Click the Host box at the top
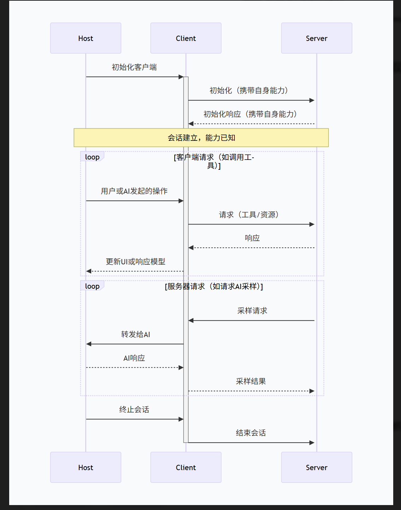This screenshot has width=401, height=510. [x=86, y=38]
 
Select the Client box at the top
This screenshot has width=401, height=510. [x=186, y=38]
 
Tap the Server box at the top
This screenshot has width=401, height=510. [x=316, y=38]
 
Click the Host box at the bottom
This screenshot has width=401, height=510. [x=86, y=467]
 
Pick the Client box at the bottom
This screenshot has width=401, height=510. [x=186, y=467]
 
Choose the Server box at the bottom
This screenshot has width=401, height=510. [x=316, y=467]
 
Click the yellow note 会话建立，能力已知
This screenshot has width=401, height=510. [x=201, y=138]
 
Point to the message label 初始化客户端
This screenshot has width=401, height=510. [x=134, y=67]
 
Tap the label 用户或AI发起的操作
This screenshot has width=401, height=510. [x=134, y=191]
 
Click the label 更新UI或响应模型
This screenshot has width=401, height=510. [x=135, y=262]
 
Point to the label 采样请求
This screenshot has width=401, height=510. [x=252, y=311]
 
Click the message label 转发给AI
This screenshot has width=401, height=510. [x=135, y=334]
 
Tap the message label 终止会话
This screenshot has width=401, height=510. [x=134, y=409]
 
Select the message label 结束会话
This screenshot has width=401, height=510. [x=251, y=433]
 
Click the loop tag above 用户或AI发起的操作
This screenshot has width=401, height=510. [x=92, y=157]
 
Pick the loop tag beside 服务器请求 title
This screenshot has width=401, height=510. [x=92, y=286]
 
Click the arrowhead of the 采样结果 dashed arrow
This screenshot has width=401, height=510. [x=312, y=391]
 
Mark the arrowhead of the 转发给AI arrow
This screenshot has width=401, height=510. [x=89, y=344]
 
